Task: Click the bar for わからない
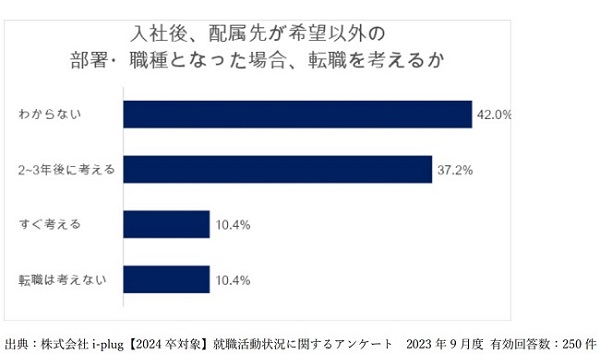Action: pyautogui.click(x=297, y=114)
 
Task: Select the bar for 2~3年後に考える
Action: pyautogui.click(x=277, y=170)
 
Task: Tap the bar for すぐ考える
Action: pyautogui.click(x=166, y=225)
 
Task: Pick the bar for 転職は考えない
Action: pyautogui.click(x=166, y=280)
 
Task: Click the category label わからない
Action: pyautogui.click(x=49, y=114)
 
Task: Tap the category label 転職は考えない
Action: pyautogui.click(x=55, y=280)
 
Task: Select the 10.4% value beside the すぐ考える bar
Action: pyautogui.click(x=232, y=225)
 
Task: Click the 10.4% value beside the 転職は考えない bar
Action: pyautogui.click(x=232, y=280)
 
